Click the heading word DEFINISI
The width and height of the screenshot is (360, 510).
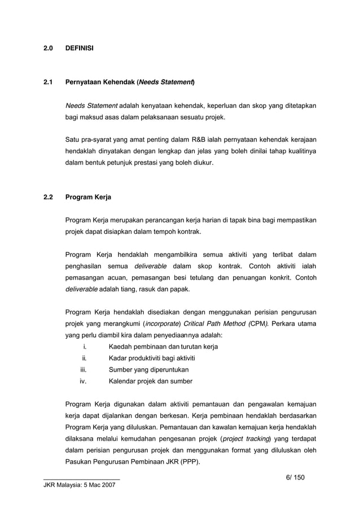(x=80, y=49)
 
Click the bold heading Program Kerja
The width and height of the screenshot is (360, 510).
(x=89, y=198)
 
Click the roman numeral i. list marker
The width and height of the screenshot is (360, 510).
(x=84, y=346)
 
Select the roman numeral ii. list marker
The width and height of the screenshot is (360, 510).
(x=84, y=358)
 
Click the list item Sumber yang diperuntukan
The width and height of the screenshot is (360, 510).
(x=148, y=369)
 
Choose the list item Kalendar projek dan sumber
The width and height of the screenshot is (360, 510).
(x=150, y=381)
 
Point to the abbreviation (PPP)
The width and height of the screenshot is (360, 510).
(x=194, y=462)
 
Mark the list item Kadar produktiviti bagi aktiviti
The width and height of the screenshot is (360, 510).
(x=152, y=358)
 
